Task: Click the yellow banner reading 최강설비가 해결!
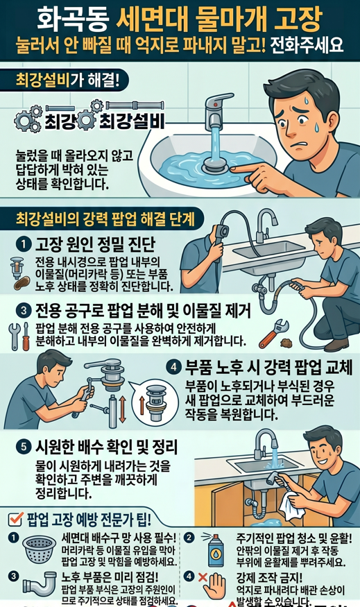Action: [x=67, y=79]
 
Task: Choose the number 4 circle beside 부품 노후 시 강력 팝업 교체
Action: [x=174, y=366]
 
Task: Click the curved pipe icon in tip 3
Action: [x=37, y=588]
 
